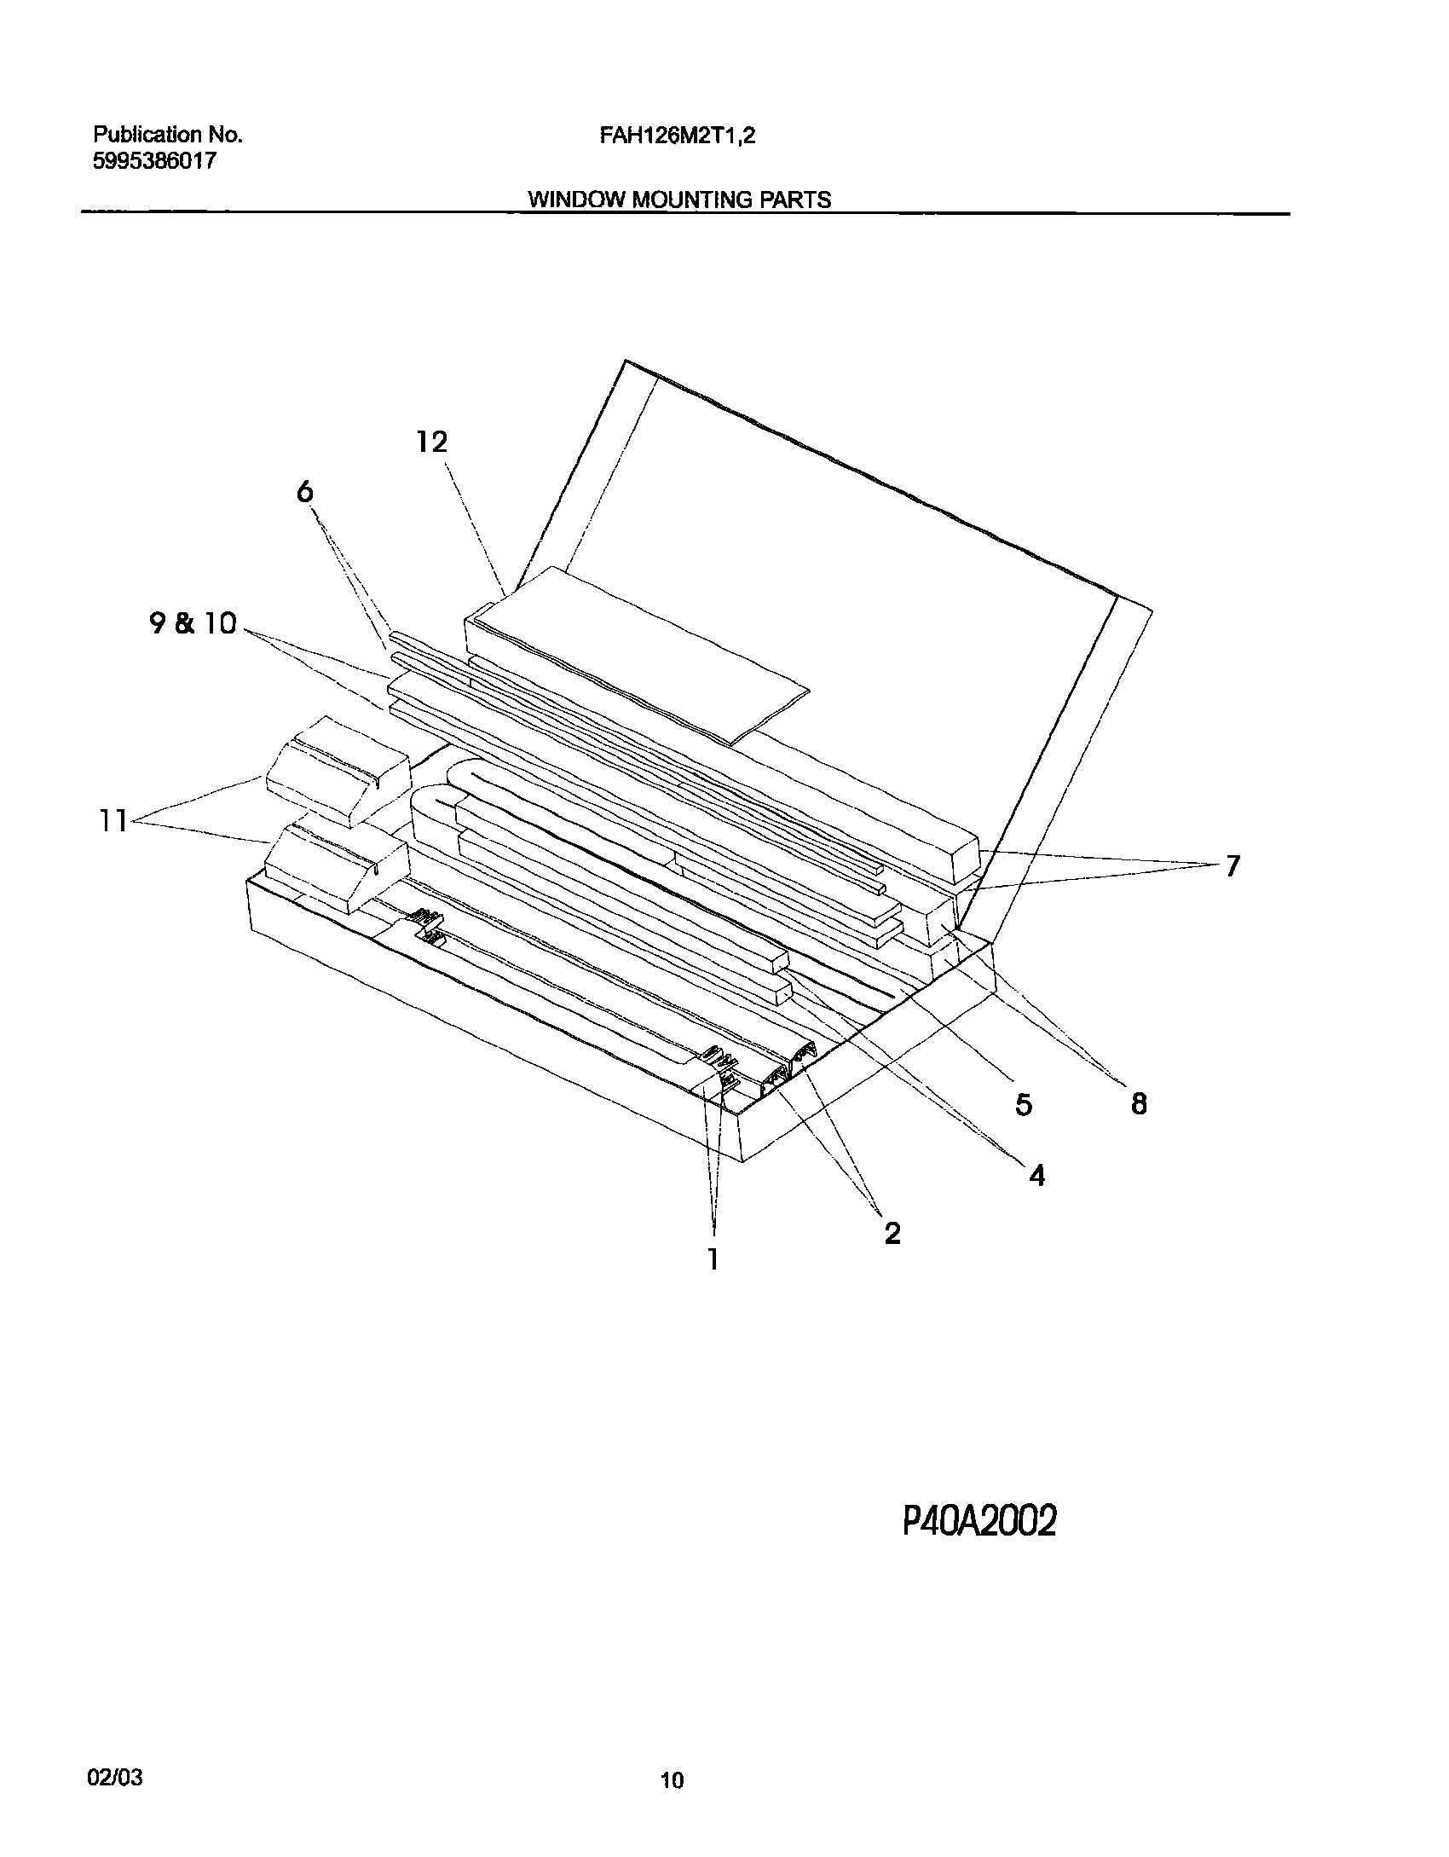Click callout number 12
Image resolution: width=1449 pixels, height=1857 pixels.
[x=432, y=442]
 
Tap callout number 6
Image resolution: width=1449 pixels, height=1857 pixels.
[x=305, y=492]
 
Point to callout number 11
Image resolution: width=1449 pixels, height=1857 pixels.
[x=112, y=821]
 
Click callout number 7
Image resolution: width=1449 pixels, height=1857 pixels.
[x=1231, y=866]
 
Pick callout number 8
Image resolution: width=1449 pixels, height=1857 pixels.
[x=1139, y=1104]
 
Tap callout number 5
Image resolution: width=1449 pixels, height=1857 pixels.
[x=1024, y=1105]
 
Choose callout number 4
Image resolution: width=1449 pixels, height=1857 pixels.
[x=1036, y=1176]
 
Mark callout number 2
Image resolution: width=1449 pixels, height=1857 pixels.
[x=892, y=1233]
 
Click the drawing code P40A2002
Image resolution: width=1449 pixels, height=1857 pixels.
[x=979, y=1520]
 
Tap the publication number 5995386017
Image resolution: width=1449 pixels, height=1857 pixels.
[x=154, y=161]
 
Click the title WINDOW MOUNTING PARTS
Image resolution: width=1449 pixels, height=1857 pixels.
[x=679, y=200]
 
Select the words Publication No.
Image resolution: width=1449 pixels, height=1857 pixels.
[x=168, y=135]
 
